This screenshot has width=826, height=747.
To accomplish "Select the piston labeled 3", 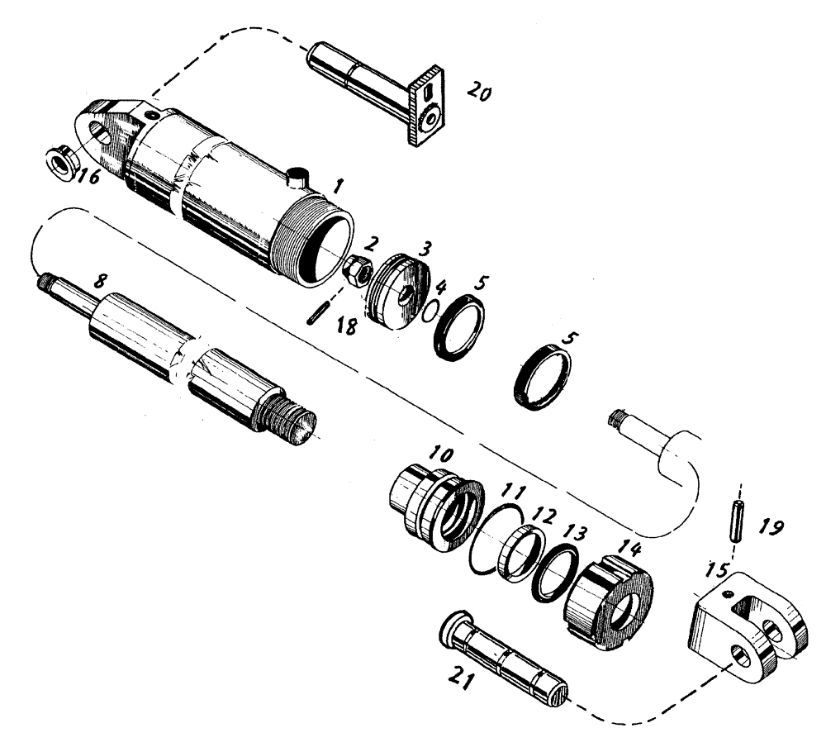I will point(399,293).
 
